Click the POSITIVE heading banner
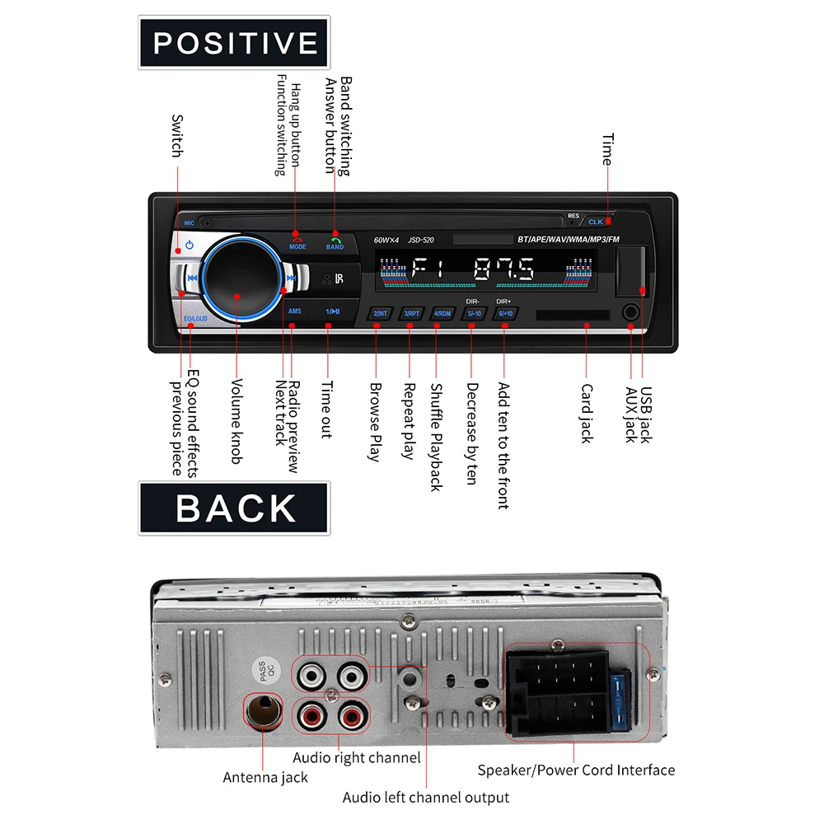coord(235,43)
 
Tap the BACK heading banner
coord(235,508)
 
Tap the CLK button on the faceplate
coord(597,222)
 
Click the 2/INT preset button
coord(380,313)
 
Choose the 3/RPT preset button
coord(411,313)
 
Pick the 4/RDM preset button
coord(443,313)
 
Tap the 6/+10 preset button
coord(505,313)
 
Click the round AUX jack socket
coord(631,313)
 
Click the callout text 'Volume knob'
coord(236,420)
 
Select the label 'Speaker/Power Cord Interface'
coord(576,770)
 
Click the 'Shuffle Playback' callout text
coord(437,437)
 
